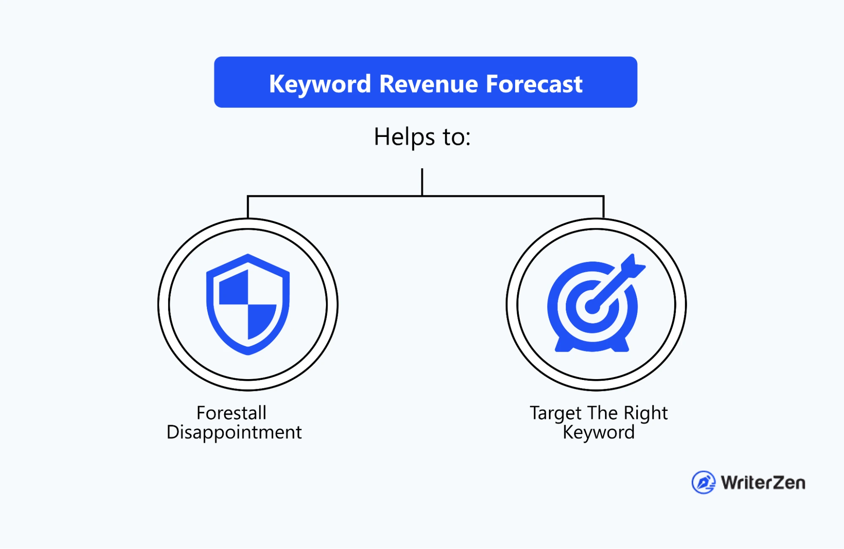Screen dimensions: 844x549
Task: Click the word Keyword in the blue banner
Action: [x=320, y=84]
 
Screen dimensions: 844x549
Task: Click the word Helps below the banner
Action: [x=404, y=137]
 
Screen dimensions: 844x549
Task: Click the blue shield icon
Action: [x=248, y=304]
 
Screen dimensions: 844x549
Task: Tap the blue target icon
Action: [x=595, y=303]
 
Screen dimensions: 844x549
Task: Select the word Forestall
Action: [x=231, y=413]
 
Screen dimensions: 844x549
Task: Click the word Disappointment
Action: [x=234, y=432]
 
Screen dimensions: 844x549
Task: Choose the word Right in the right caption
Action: [x=646, y=413]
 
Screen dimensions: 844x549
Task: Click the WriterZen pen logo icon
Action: [x=703, y=482]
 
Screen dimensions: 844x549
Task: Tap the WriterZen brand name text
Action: [x=763, y=483]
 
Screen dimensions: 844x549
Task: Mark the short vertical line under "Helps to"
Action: [x=422, y=182]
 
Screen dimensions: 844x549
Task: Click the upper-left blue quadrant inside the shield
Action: [x=233, y=288]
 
